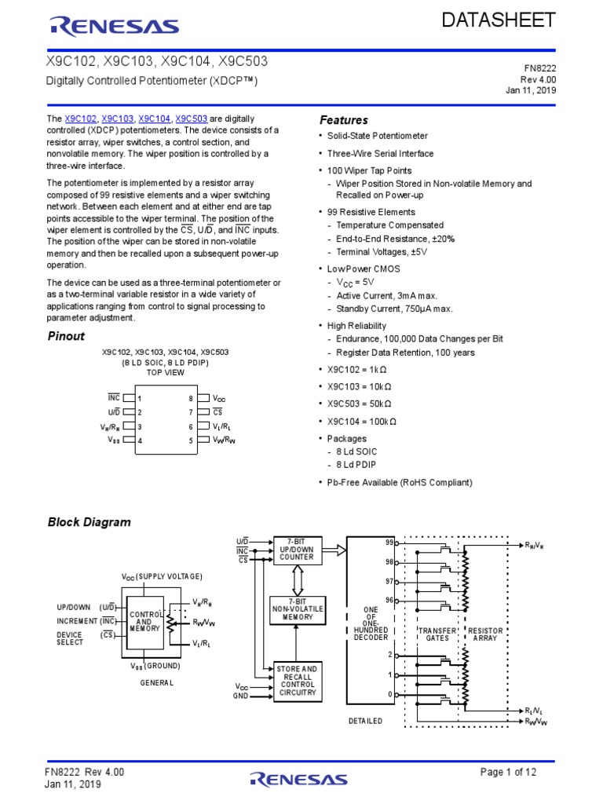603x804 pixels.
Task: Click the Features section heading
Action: (343, 120)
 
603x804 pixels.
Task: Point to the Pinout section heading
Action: (67, 336)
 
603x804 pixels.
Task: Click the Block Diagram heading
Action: (90, 522)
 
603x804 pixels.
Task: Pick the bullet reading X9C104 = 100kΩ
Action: (362, 421)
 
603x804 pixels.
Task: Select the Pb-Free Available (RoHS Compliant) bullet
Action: (400, 482)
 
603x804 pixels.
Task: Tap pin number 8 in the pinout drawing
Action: (190, 399)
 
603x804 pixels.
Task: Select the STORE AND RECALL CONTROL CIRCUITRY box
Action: (298, 681)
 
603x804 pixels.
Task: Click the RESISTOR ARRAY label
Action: (487, 635)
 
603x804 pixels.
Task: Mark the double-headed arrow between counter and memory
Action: (297, 580)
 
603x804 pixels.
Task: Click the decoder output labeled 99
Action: (389, 543)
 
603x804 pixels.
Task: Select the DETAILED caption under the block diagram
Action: (365, 721)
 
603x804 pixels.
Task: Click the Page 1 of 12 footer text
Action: (508, 772)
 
